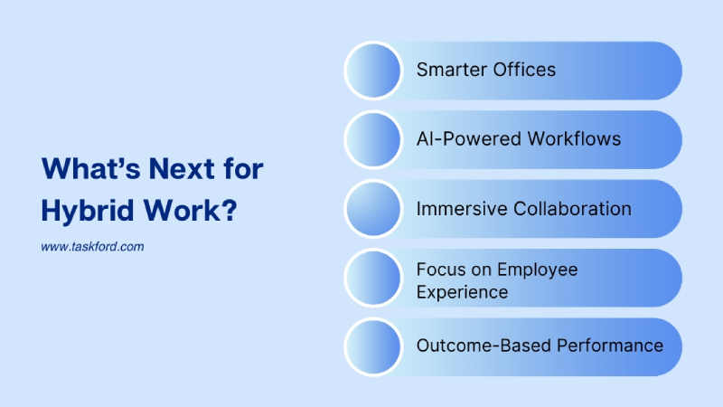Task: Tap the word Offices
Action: pyautogui.click(x=524, y=70)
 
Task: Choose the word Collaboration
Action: pyautogui.click(x=572, y=208)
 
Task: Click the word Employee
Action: pyautogui.click(x=537, y=270)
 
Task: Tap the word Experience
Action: pyautogui.click(x=462, y=291)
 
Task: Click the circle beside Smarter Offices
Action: pyautogui.click(x=373, y=71)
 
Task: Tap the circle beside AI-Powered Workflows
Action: pyautogui.click(x=373, y=139)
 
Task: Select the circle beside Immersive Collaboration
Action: pyautogui.click(x=373, y=209)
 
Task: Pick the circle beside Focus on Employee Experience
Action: pyautogui.click(x=373, y=278)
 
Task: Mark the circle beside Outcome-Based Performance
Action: pyautogui.click(x=373, y=346)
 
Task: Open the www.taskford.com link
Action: pyautogui.click(x=92, y=246)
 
